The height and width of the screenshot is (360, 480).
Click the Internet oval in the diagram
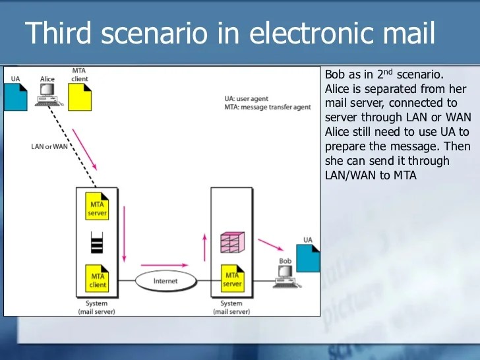(165, 280)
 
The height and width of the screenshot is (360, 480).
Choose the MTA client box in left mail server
(98, 280)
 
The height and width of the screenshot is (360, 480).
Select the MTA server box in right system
(232, 280)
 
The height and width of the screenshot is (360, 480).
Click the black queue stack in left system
(98, 243)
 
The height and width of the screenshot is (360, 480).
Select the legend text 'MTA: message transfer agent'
(268, 107)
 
